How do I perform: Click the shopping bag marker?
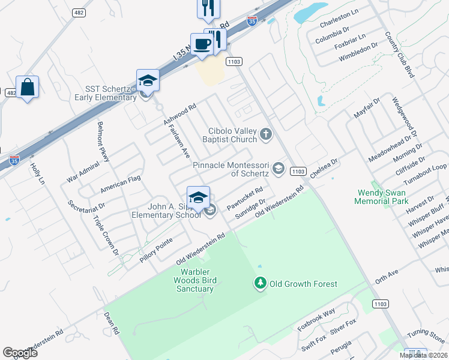27,88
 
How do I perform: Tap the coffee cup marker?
202,44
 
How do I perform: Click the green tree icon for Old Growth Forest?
260,283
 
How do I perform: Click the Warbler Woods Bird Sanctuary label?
193,280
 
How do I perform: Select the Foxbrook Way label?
316,320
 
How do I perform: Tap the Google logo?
20,352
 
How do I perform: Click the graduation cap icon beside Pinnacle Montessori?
278,169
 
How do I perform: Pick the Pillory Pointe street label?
155,247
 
